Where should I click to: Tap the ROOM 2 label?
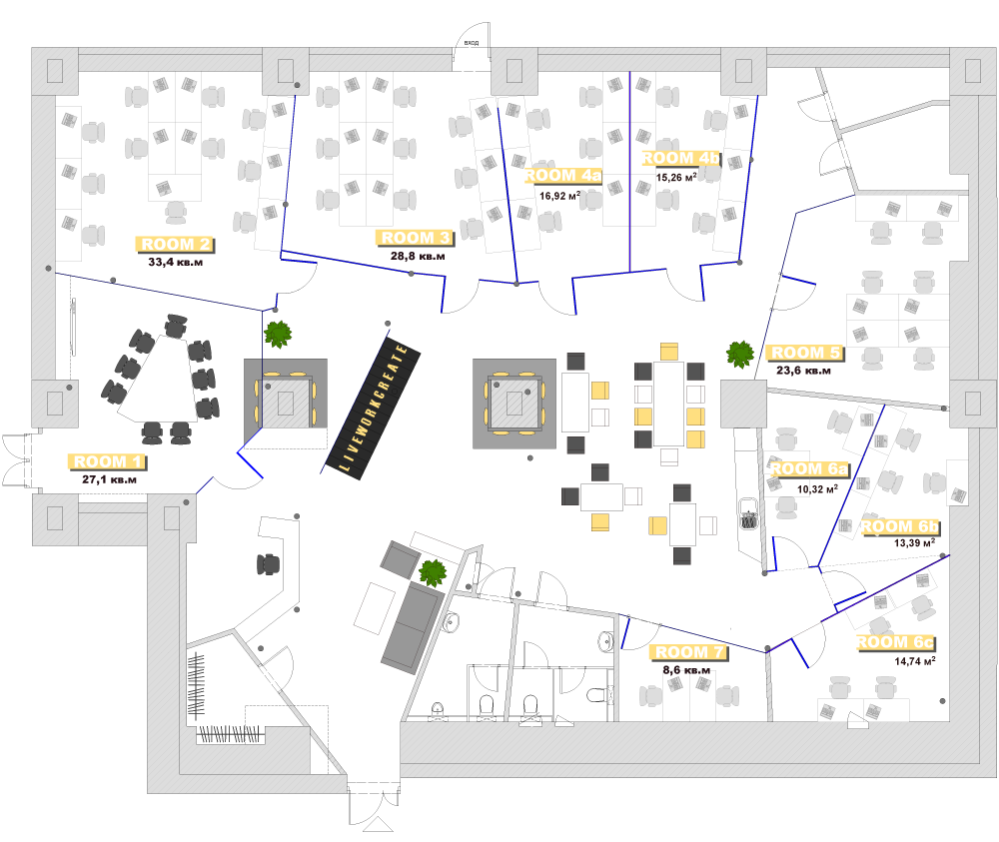(x=176, y=244)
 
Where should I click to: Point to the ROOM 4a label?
(x=564, y=177)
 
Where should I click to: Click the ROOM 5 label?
(x=805, y=353)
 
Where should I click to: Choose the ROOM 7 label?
(x=689, y=653)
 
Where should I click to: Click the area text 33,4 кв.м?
(x=176, y=262)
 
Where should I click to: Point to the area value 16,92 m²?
(x=560, y=195)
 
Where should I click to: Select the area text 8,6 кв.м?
(x=688, y=671)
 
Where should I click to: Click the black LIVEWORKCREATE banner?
(x=372, y=404)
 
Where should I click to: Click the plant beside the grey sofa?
(x=433, y=573)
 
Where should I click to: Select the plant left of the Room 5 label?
(x=740, y=353)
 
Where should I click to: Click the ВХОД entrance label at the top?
(x=471, y=44)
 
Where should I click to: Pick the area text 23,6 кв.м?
(x=804, y=371)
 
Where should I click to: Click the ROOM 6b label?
(x=899, y=526)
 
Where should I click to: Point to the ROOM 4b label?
(x=680, y=158)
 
